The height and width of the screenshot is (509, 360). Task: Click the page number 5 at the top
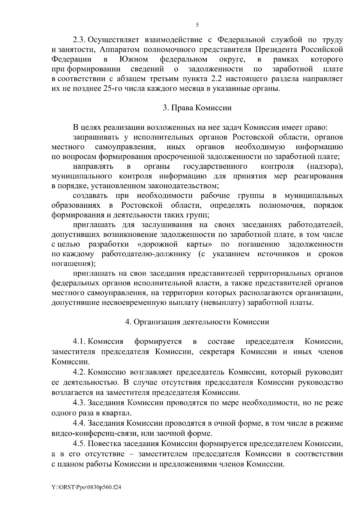tap(197, 25)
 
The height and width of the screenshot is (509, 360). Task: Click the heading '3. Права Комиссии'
tap(197, 108)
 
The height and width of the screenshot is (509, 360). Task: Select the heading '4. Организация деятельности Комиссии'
tap(197, 322)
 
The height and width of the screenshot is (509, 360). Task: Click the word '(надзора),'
tap(325, 166)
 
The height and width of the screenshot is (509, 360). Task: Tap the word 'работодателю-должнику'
tap(146, 254)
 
